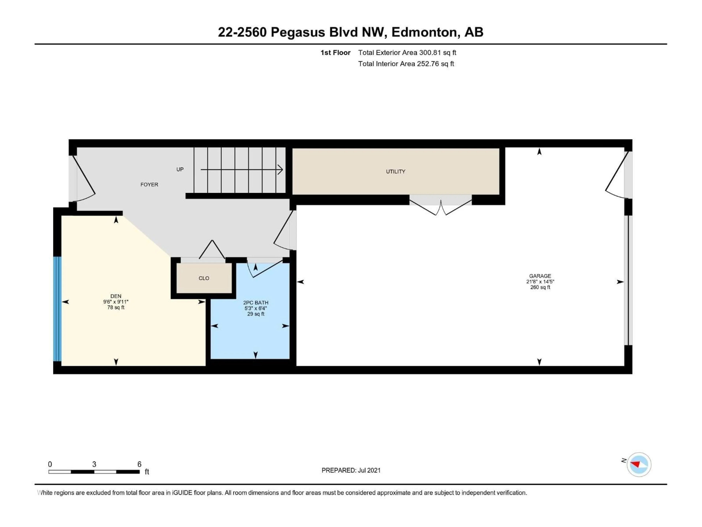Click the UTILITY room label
click(395, 171)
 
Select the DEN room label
click(116, 296)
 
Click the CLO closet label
click(204, 278)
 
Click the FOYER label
click(149, 185)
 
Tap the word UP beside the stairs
click(180, 169)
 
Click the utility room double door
click(441, 206)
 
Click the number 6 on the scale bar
click(139, 464)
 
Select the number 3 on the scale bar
click(94, 464)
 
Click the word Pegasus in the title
click(298, 32)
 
